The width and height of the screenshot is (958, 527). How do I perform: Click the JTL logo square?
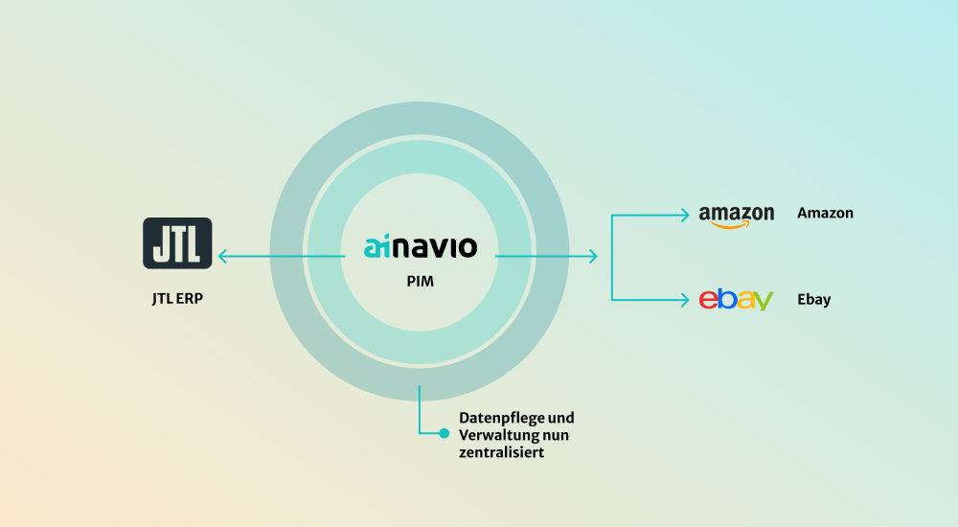click(x=177, y=242)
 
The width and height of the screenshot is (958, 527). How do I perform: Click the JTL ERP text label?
click(x=177, y=299)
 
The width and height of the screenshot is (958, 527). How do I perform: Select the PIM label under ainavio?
click(x=420, y=283)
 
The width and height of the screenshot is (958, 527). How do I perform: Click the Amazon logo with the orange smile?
click(x=736, y=216)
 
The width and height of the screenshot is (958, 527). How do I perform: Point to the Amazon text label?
click(x=825, y=214)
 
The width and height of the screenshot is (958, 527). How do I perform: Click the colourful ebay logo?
click(x=736, y=299)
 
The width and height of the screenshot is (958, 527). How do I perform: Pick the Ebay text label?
click(x=813, y=299)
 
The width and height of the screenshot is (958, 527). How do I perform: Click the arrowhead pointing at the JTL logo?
click(x=222, y=256)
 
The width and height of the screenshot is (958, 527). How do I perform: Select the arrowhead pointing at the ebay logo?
click(x=684, y=300)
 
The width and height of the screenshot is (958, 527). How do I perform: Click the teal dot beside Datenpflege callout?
click(x=444, y=433)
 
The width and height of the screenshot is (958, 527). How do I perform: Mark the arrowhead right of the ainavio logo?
click(x=593, y=256)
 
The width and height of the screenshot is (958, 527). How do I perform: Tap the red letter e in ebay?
click(x=708, y=300)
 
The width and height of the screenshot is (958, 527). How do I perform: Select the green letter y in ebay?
click(x=763, y=302)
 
